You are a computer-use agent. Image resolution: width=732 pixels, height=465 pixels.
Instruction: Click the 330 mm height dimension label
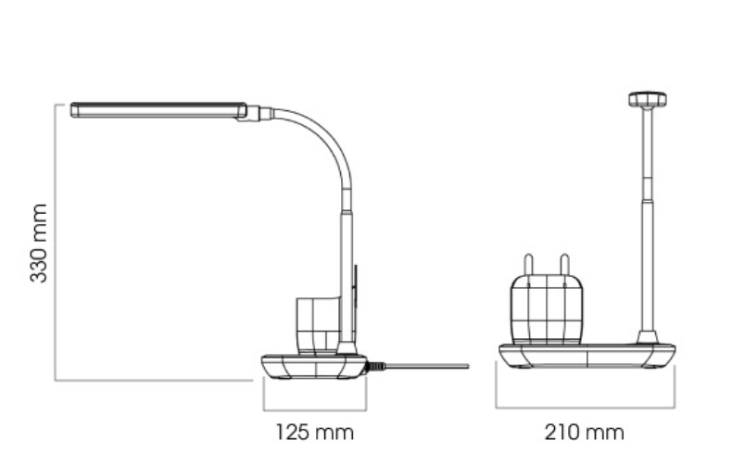(38, 243)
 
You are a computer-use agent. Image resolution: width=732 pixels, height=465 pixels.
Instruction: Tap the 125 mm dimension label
(315, 433)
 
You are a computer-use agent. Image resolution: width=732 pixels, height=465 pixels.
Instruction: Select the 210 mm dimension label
(584, 433)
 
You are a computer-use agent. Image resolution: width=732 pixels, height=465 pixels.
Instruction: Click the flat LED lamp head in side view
(158, 110)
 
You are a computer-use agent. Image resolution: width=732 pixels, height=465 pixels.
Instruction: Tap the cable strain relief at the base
(376, 366)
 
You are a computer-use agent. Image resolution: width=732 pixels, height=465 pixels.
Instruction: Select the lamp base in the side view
(314, 367)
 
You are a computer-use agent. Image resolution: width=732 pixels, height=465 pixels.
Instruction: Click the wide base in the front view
(587, 356)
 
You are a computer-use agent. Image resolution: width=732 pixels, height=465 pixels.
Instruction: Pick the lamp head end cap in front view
(647, 99)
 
